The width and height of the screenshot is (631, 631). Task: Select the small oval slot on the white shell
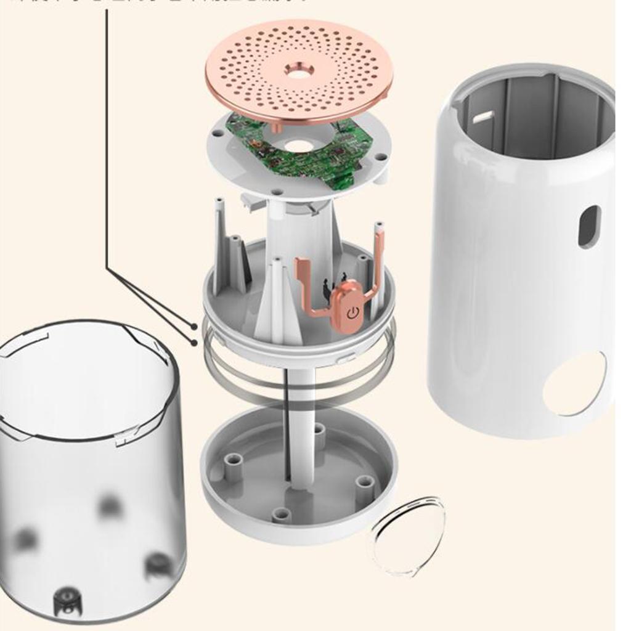click(x=588, y=226)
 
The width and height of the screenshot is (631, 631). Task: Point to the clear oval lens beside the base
click(x=407, y=535)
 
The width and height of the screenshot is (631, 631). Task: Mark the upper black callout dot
click(x=194, y=327)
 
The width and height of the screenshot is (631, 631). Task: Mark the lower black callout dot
click(x=194, y=341)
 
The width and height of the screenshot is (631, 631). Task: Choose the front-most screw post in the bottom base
click(x=282, y=514)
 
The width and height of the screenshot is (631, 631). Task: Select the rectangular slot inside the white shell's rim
click(x=482, y=115)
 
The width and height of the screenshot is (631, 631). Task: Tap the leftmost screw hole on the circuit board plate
click(x=218, y=132)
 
